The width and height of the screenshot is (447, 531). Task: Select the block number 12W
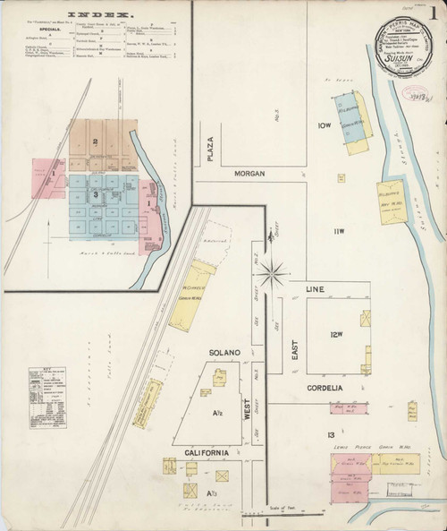point(335,335)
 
